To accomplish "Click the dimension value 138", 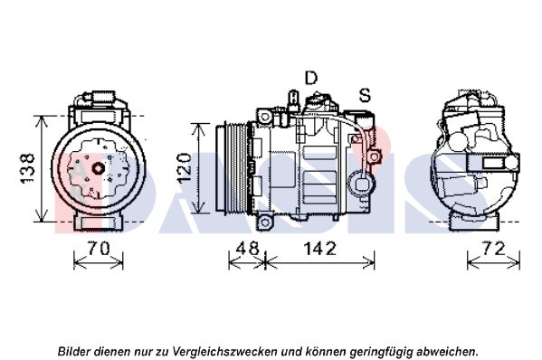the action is click(x=28, y=168).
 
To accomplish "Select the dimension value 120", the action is click(x=184, y=168).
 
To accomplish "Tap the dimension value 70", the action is click(x=99, y=249).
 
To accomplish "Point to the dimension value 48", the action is click(x=247, y=249).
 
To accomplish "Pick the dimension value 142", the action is click(x=319, y=249).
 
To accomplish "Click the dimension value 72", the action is click(x=494, y=249).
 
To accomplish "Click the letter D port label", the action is click(x=310, y=78).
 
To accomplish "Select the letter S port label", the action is click(x=365, y=95).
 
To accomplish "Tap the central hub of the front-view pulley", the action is click(x=99, y=168).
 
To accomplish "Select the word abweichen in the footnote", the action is click(x=448, y=351).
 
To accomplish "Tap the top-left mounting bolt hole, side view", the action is click(x=265, y=117).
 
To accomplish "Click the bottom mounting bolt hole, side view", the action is click(x=265, y=222).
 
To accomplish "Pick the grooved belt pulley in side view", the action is click(x=231, y=168).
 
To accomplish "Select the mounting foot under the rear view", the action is click(x=474, y=223).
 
